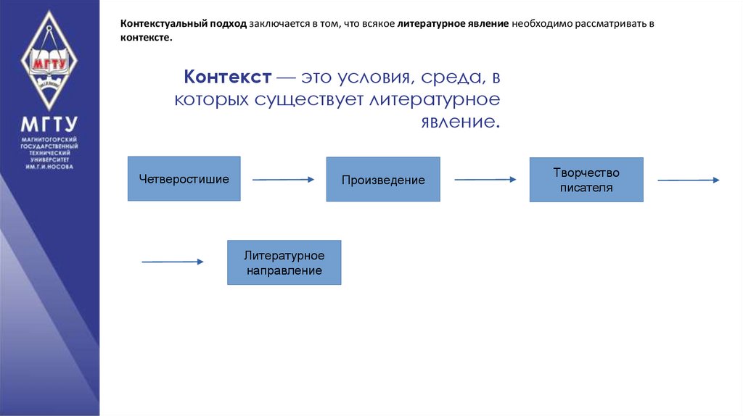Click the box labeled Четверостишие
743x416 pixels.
[184, 178]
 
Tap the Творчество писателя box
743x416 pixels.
[586, 180]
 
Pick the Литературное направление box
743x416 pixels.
[284, 262]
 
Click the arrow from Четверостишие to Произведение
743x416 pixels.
[283, 179]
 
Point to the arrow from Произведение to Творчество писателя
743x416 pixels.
[485, 179]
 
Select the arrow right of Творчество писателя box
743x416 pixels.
[688, 180]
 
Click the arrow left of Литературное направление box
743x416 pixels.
[173, 262]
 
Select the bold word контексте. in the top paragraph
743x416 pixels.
[147, 37]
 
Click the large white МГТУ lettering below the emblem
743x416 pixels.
[49, 122]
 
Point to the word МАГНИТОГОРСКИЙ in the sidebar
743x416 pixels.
[49, 138]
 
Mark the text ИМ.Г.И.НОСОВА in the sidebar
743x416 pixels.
[49, 167]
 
